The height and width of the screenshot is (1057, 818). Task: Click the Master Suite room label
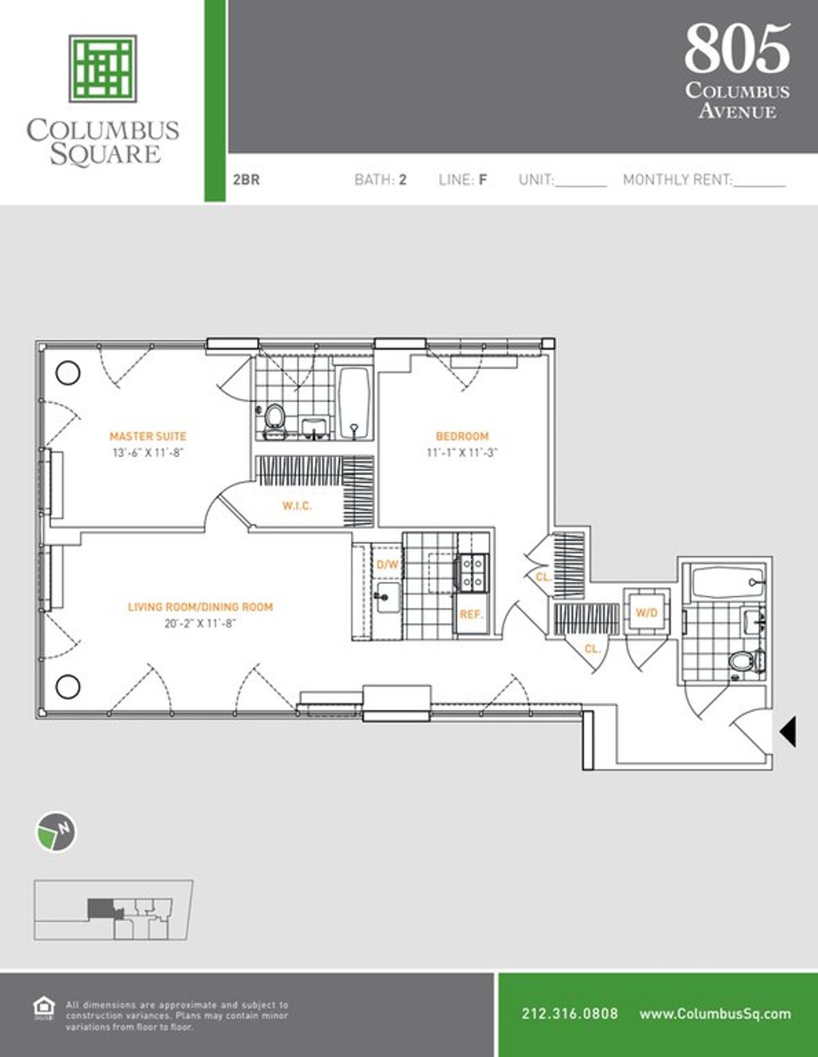click(x=148, y=436)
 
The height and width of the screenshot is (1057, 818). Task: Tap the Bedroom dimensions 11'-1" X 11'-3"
click(x=461, y=453)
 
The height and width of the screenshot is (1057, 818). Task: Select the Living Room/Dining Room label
click(x=200, y=607)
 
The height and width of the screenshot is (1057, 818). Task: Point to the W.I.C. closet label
click(x=297, y=506)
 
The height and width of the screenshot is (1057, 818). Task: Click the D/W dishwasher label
click(x=387, y=564)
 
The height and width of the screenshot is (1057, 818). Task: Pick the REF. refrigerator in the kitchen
click(x=471, y=615)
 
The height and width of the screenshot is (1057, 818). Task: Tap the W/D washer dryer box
click(x=646, y=613)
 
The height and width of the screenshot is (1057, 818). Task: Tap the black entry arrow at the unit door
click(x=788, y=733)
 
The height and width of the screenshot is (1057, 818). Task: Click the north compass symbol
click(x=55, y=832)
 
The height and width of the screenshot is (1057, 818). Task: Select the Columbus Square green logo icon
click(x=102, y=68)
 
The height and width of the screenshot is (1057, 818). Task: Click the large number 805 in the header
click(x=738, y=49)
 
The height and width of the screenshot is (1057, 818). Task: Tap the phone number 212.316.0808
click(x=570, y=1013)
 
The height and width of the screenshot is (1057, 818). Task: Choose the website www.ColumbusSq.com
click(x=715, y=1013)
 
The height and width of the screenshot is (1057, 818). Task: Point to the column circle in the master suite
click(x=67, y=373)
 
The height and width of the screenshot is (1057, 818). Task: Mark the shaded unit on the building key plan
click(x=100, y=908)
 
